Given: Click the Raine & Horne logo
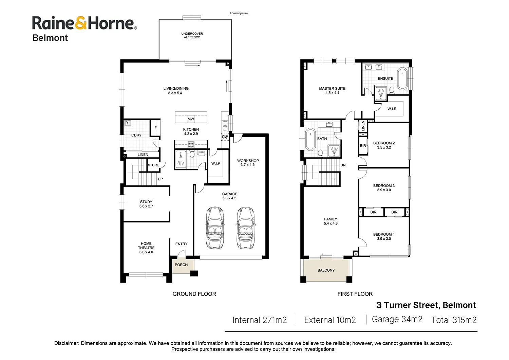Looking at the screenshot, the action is (84, 29).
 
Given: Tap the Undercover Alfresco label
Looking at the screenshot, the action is (192, 35).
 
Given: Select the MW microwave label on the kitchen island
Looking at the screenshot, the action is (191, 119).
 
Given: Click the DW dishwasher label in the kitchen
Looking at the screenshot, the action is (225, 137).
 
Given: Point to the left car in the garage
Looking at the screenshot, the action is (215, 228).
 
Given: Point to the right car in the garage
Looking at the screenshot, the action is (246, 228).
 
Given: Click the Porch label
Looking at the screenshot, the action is (181, 265).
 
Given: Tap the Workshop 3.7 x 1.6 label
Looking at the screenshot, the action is (248, 163).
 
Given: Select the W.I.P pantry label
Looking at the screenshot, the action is (215, 163).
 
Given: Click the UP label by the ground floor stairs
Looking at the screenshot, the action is (160, 179).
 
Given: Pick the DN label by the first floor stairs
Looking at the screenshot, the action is (343, 165).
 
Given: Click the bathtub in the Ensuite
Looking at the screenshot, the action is (402, 79).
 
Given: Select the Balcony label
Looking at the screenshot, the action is (326, 270).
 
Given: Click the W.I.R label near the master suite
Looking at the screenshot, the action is (392, 109).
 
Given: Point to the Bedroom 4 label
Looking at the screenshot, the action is (384, 236).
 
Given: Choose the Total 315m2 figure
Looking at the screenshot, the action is (454, 320).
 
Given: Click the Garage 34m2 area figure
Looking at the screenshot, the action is (397, 319).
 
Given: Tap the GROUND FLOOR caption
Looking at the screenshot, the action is (194, 294).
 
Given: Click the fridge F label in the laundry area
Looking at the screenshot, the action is (155, 128).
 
